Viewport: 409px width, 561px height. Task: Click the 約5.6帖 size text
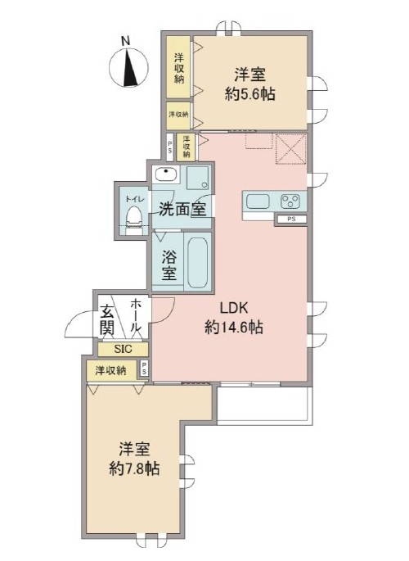click(250, 94)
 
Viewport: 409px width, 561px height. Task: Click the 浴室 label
click(169, 263)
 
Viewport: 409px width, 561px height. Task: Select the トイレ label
click(133, 199)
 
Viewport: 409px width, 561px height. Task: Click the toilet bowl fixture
click(134, 218)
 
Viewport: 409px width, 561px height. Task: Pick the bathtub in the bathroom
click(197, 261)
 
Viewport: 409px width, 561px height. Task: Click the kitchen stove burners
click(291, 200)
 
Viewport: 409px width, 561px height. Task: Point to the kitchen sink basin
click(254, 201)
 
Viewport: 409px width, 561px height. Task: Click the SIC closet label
click(121, 349)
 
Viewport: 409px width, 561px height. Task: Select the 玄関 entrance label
click(107, 319)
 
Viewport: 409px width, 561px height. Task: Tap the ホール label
click(137, 314)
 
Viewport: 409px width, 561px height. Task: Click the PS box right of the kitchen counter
click(291, 219)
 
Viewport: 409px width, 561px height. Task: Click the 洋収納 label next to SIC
click(110, 371)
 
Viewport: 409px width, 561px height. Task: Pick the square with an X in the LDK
click(290, 148)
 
